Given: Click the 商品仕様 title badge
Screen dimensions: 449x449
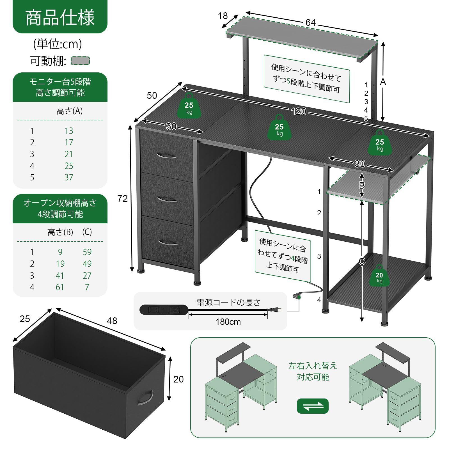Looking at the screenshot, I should click(x=60, y=17).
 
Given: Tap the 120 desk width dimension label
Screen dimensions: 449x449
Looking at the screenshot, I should click(x=298, y=112).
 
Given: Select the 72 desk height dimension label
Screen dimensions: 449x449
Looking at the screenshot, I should click(x=122, y=199).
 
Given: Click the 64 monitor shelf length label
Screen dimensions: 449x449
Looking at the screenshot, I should click(x=310, y=23).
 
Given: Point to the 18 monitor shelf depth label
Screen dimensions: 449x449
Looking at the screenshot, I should click(x=223, y=16).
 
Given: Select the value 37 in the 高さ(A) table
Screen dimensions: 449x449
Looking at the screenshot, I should click(x=69, y=177).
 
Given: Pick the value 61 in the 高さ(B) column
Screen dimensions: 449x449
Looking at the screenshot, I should click(x=60, y=287).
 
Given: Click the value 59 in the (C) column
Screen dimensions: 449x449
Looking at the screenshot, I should click(x=87, y=252).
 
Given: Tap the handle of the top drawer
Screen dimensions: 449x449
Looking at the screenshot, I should click(x=166, y=156).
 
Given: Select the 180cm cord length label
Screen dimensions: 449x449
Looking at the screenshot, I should click(x=228, y=322).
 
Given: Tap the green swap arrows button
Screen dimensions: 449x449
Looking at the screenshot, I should click(x=313, y=406).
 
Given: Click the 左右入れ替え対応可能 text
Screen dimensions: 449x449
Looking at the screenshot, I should click(x=313, y=371).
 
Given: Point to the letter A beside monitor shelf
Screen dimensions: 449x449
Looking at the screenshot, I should click(x=383, y=82).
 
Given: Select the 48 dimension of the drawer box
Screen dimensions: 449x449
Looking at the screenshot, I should click(x=112, y=321).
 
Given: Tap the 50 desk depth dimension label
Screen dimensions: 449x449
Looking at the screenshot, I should click(x=152, y=95).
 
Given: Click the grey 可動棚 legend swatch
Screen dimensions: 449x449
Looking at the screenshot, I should click(x=80, y=61).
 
